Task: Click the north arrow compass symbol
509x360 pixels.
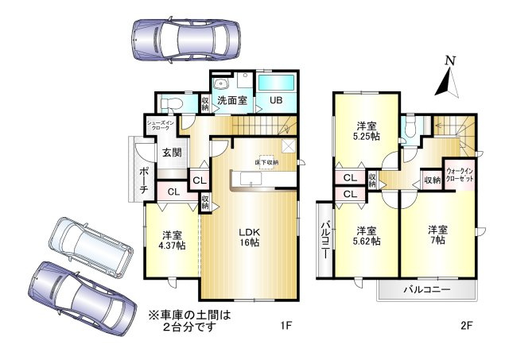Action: click(x=449, y=76)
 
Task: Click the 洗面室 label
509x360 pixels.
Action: click(x=232, y=101)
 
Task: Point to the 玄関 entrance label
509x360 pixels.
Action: click(x=172, y=153)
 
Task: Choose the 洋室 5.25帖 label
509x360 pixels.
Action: click(x=367, y=131)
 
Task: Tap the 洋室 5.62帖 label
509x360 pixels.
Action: click(x=367, y=235)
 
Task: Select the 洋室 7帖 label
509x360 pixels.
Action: click(x=438, y=235)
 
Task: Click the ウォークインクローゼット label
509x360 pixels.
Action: click(x=460, y=176)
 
